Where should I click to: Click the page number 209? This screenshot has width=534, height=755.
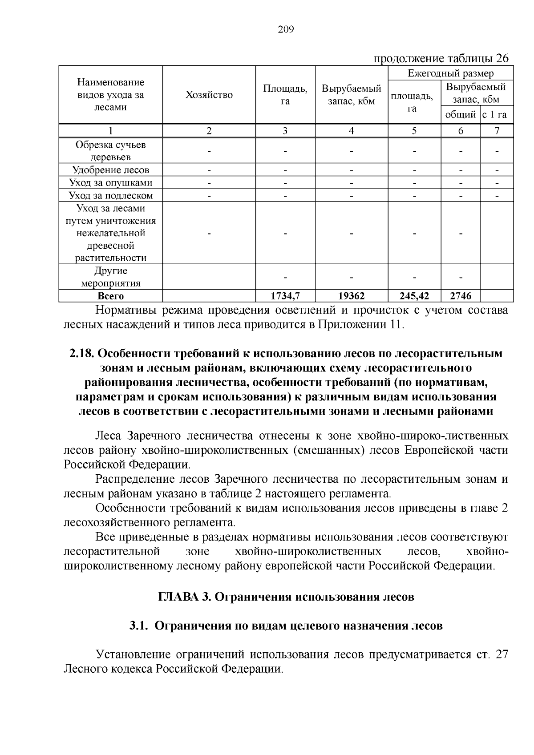(x=286, y=30)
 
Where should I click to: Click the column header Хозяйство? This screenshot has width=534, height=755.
(x=209, y=95)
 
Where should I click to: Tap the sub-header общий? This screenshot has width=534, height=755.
(x=461, y=115)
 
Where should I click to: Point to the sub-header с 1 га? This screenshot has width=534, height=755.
(x=497, y=115)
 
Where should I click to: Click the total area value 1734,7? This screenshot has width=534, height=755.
(x=285, y=296)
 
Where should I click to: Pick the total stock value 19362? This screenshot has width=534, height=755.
(x=352, y=296)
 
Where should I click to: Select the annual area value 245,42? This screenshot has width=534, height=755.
(x=414, y=296)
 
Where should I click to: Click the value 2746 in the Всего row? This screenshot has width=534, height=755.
(x=461, y=296)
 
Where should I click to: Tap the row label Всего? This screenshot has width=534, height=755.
(x=111, y=296)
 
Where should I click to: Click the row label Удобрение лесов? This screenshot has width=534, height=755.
(x=111, y=170)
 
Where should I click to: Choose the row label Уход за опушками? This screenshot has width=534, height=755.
(x=111, y=183)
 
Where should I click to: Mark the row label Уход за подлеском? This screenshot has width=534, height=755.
(x=111, y=196)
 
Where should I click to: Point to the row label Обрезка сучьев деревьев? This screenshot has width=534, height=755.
(x=111, y=151)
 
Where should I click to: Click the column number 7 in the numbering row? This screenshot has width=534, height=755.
(x=497, y=130)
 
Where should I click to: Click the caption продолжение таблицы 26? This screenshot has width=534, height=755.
(x=440, y=59)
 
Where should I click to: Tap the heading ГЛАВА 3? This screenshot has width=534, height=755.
(x=184, y=597)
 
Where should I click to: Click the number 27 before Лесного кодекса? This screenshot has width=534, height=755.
(x=501, y=654)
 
